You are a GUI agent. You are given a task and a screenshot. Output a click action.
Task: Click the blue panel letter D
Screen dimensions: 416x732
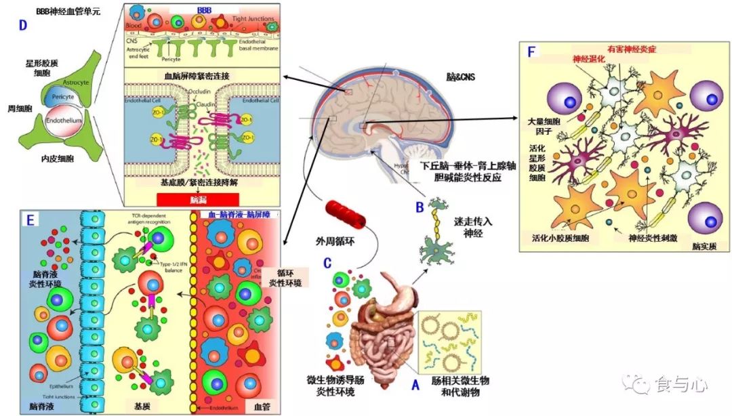(23, 26)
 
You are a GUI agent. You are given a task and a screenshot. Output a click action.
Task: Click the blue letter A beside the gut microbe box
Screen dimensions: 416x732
(415, 385)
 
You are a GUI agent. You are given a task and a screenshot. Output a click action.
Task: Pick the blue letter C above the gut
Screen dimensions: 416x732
(327, 262)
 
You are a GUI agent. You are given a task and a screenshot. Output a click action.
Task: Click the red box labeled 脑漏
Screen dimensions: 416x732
(197, 199)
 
